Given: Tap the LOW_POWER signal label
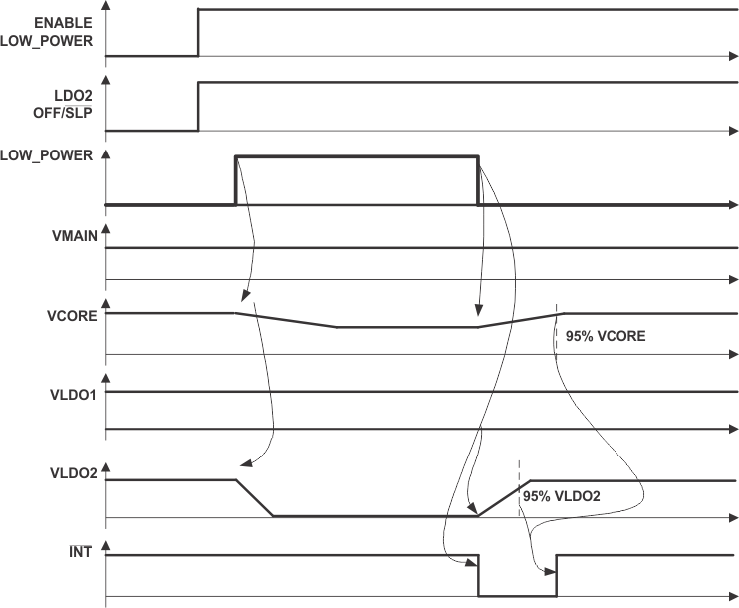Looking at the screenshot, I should pyautogui.click(x=48, y=155).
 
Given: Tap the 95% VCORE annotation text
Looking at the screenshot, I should pyautogui.click(x=606, y=336).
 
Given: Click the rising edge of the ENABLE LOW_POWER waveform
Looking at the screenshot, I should pyautogui.click(x=198, y=32).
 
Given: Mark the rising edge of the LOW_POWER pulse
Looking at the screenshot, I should pyautogui.click(x=235, y=180).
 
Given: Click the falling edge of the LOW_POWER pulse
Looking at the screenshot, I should pyautogui.click(x=478, y=180).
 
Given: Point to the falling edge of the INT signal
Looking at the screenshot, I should pyautogui.click(x=478, y=575).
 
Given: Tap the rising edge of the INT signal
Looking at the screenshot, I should pyautogui.click(x=556, y=575).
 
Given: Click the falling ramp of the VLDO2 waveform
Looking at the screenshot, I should pyautogui.click(x=254, y=498).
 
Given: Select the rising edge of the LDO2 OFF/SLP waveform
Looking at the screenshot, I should pyautogui.click(x=198, y=107).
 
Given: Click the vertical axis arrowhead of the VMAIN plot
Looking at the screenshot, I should pyautogui.click(x=106, y=230).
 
